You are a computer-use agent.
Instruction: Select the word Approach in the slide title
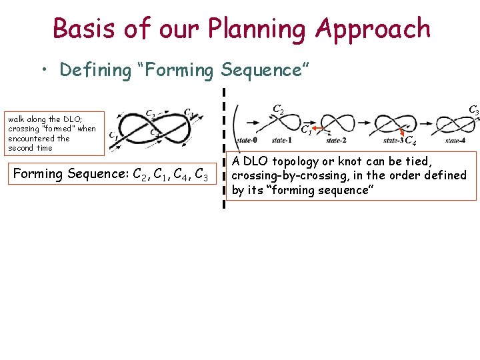pyautogui.click(x=373, y=29)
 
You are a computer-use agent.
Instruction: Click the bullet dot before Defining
pyautogui.click(x=45, y=70)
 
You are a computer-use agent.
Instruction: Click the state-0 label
pyautogui.click(x=247, y=140)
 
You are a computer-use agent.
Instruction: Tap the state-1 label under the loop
pyautogui.click(x=281, y=140)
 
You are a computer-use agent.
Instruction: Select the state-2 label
pyautogui.click(x=334, y=140)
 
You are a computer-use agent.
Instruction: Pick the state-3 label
pyautogui.click(x=393, y=140)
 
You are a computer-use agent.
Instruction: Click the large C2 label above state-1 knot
pyautogui.click(x=278, y=110)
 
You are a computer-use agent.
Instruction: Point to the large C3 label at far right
pyautogui.click(x=473, y=109)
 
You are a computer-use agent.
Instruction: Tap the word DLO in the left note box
pyautogui.click(x=72, y=119)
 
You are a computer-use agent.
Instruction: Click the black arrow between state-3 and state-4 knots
pyautogui.click(x=425, y=122)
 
